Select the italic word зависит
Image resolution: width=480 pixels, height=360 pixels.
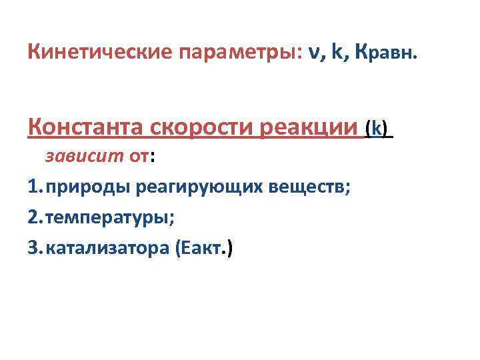click(x=83, y=157)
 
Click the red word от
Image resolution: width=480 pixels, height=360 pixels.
click(x=139, y=158)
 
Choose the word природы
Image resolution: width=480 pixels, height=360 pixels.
click(x=88, y=188)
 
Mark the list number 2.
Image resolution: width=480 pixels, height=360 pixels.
click(x=34, y=217)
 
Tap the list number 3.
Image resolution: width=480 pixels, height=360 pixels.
click(x=34, y=248)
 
